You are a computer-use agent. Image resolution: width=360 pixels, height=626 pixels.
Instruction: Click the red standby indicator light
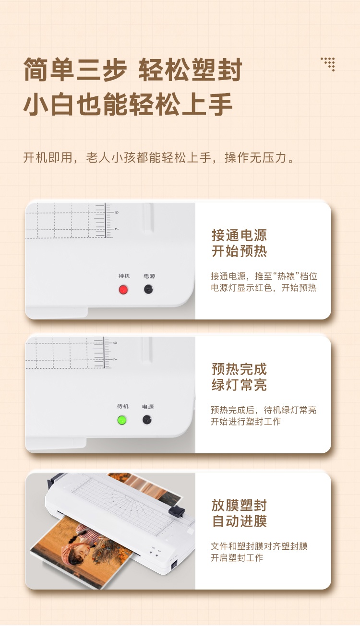pos(123,290)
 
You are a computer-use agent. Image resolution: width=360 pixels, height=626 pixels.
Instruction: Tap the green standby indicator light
pos(121,420)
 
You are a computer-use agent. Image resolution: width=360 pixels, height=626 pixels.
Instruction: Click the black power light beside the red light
pos(148,289)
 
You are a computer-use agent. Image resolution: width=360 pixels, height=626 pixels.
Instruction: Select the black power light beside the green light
pos(147,419)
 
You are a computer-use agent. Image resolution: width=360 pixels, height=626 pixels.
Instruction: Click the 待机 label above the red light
pos(124,276)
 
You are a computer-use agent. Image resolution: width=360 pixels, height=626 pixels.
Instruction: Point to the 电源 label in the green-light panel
pos(148,407)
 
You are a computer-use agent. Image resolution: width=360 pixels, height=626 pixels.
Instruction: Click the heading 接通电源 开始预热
pos(239,243)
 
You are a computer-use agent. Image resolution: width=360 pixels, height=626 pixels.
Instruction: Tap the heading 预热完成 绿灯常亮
pos(239,377)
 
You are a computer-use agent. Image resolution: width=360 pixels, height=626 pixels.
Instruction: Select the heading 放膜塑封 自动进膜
pos(239,513)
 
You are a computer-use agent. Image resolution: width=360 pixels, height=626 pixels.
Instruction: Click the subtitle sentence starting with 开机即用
pos(158,158)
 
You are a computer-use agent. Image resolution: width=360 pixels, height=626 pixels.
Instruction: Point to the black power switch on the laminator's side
pos(174,564)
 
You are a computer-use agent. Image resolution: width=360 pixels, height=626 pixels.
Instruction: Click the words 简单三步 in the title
pos(75,70)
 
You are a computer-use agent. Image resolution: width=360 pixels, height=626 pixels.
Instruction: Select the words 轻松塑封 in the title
pos(190,70)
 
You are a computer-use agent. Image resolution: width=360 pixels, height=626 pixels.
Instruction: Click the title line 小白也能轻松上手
pos(128,104)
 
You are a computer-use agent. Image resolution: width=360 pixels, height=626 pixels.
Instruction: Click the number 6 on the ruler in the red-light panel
pos(117,213)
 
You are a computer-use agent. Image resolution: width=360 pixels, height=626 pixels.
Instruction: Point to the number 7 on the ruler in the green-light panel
pos(115,359)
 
